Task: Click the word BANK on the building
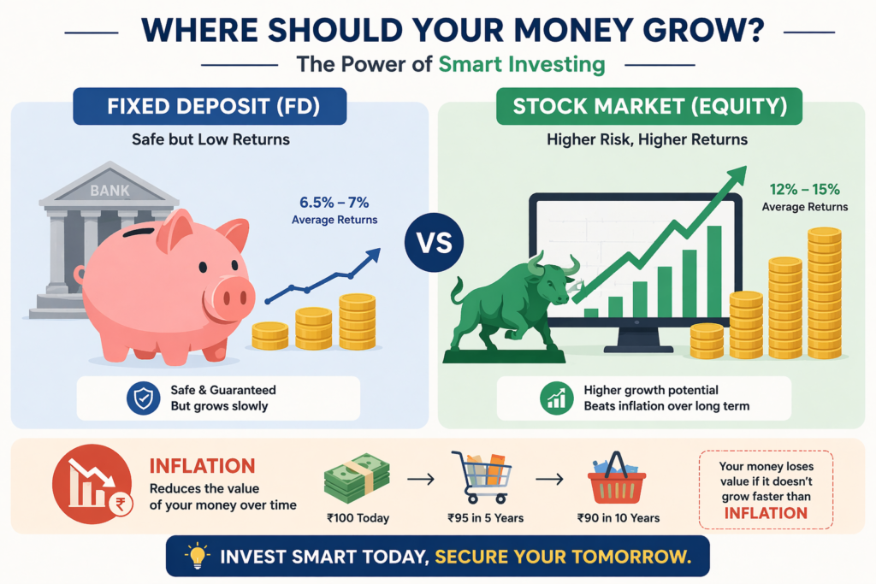pos(109,191)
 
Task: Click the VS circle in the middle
pos(434,242)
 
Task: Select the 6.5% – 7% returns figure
pos(334,202)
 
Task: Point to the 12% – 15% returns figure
pos(804,189)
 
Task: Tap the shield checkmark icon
pos(144,398)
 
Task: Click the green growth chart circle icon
pos(556,398)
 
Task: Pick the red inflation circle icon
pos(92,483)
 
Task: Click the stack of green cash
pos(357,478)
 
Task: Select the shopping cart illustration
pos(482,477)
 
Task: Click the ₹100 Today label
pos(358,518)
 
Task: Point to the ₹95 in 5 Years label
pos(486,518)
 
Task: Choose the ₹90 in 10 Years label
pos(619,518)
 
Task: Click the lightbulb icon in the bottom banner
pos(198,556)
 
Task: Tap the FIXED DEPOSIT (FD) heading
pos(213,106)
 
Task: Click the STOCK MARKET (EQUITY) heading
pos(650,106)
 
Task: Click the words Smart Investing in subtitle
pos(522,65)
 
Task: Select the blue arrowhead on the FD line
pos(373,257)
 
